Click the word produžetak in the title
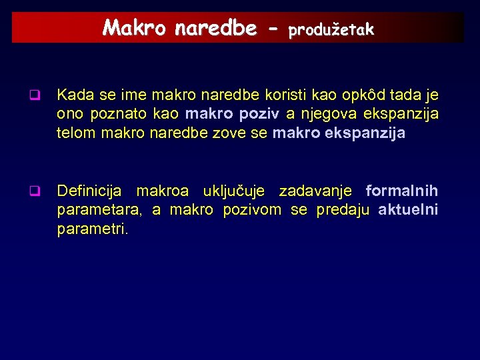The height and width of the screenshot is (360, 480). coord(331,29)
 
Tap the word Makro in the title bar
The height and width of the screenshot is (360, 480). coord(136,28)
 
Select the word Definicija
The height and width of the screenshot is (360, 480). coord(89,192)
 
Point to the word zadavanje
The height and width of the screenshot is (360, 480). coord(315,192)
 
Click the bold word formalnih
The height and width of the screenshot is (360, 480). coord(402,192)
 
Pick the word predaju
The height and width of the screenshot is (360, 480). coord(343,211)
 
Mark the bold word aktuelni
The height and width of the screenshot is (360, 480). coord(408,211)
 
